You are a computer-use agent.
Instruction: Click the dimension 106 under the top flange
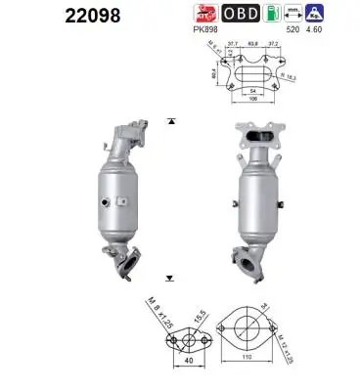[253, 108]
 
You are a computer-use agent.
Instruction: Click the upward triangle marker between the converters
[172, 121]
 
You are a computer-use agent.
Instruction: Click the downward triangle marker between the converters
[172, 279]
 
